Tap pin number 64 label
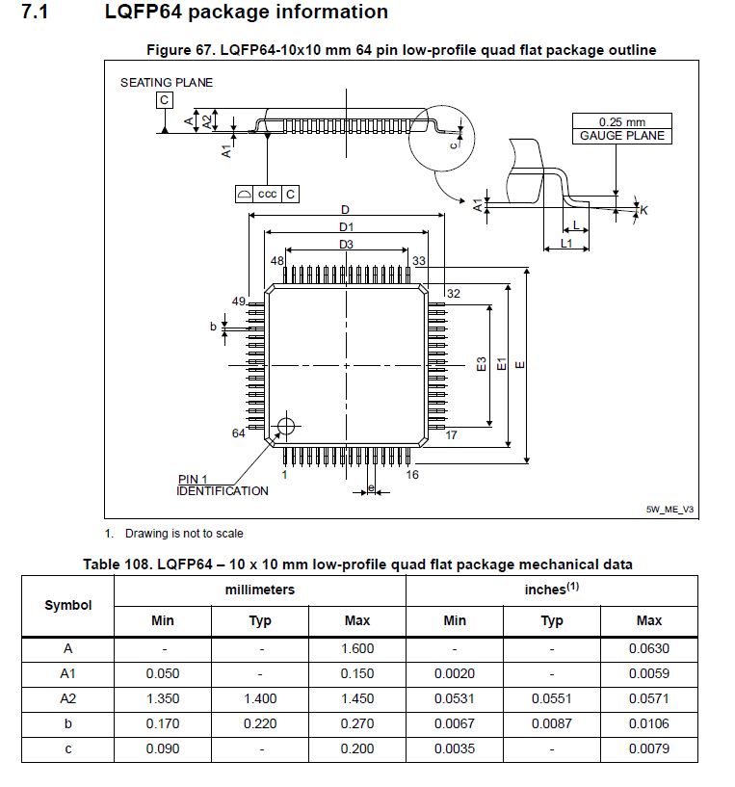(x=239, y=433)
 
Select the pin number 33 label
(x=419, y=261)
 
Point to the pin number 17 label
(x=451, y=435)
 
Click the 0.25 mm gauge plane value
(x=621, y=122)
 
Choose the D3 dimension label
(x=346, y=245)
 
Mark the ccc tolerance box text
(x=268, y=195)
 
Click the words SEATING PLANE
(x=167, y=83)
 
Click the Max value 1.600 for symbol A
(x=357, y=648)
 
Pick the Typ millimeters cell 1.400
(x=260, y=698)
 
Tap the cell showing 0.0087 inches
(x=552, y=723)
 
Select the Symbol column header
(x=68, y=605)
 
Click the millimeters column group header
(x=260, y=590)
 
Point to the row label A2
(x=68, y=698)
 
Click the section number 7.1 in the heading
(x=39, y=13)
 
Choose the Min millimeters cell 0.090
(x=163, y=748)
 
